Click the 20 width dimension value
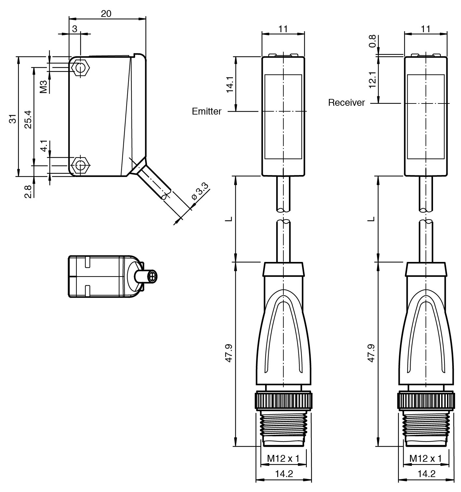106,13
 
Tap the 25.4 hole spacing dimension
28,119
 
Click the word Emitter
207,112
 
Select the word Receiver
346,103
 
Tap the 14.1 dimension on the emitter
230,84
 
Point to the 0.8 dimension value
373,41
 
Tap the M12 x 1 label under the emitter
283,458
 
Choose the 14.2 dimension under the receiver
426,474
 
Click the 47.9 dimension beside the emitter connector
229,353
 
